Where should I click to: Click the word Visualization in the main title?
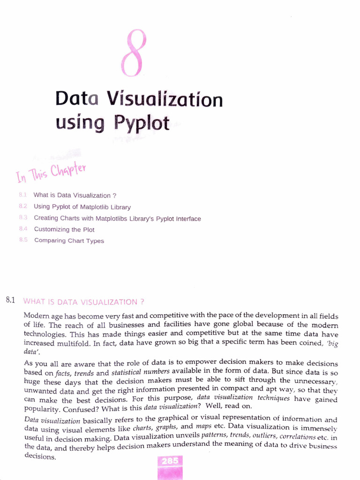(165, 100)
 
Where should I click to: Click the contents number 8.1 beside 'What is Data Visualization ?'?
(22, 195)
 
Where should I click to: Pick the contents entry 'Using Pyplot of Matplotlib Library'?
(82, 207)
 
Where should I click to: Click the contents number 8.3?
(23, 218)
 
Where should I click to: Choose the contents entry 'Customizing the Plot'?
(64, 230)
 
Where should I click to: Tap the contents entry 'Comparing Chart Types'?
(69, 241)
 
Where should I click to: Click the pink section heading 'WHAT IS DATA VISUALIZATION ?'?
(83, 301)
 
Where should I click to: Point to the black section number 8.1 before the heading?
(11, 300)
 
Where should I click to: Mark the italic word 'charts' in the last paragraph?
(142, 428)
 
